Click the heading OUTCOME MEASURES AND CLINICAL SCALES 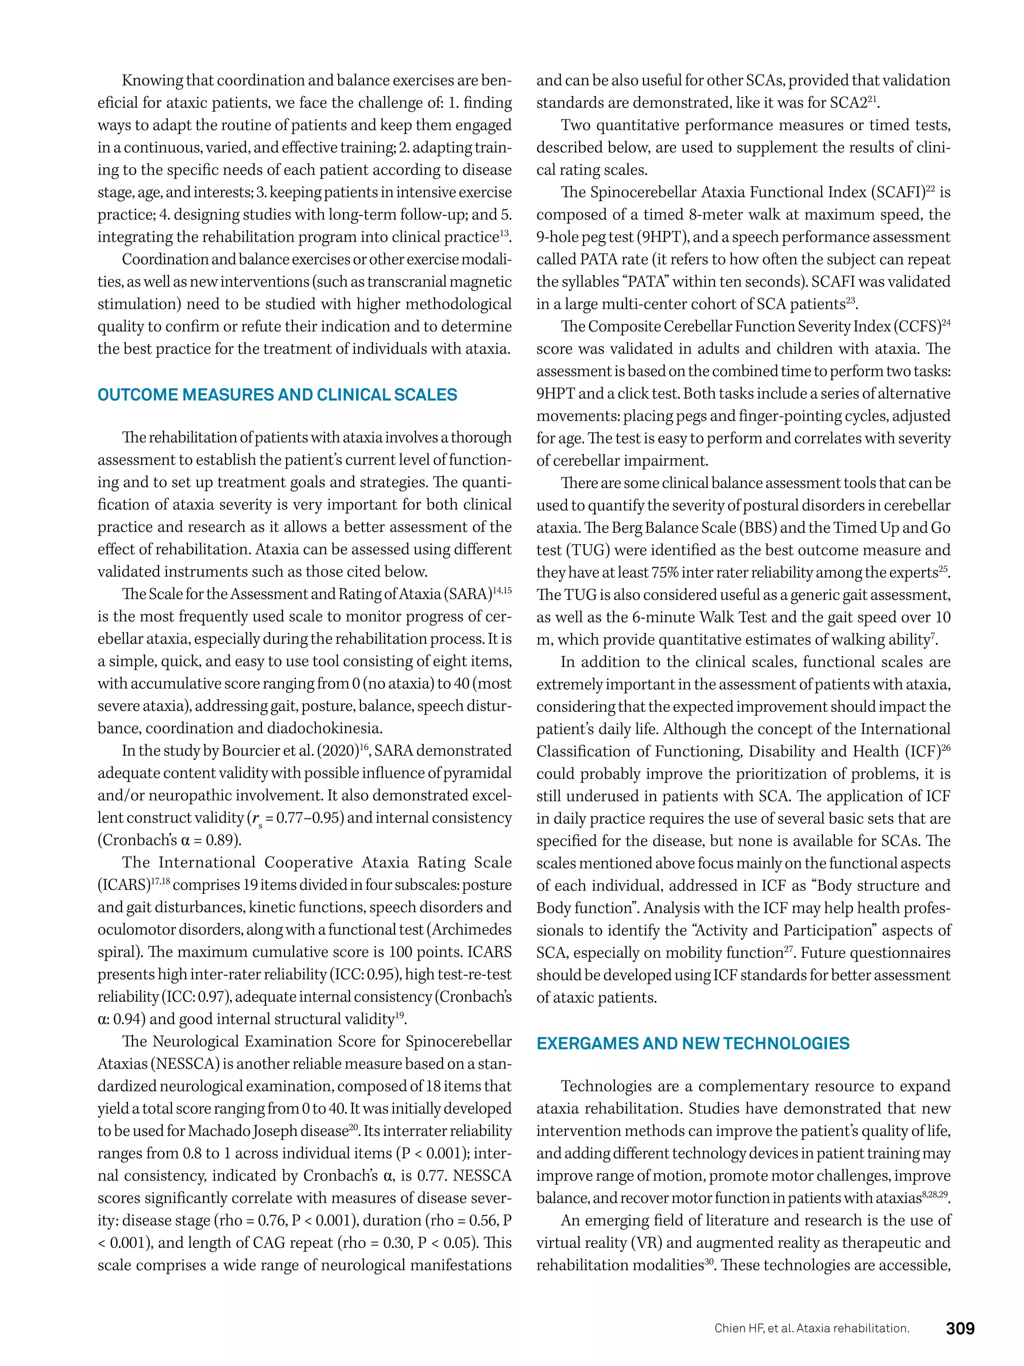point(277,395)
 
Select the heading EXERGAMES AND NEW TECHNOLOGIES point(692,1044)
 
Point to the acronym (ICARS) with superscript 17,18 point(123,885)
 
